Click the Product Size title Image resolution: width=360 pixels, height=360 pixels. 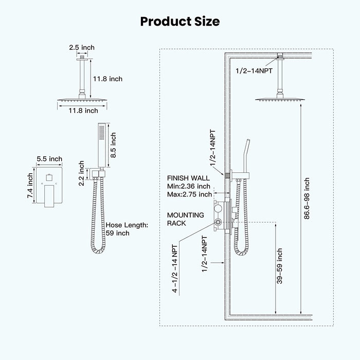[180, 21]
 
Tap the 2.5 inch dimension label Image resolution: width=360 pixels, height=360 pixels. [82, 47]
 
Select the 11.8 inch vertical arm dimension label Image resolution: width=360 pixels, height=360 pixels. [107, 79]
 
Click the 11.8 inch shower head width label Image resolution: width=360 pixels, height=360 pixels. [84, 110]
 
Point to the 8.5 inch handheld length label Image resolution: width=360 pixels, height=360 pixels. [114, 146]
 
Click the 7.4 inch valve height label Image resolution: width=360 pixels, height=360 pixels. [30, 186]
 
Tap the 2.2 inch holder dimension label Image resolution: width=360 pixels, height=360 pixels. [81, 173]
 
